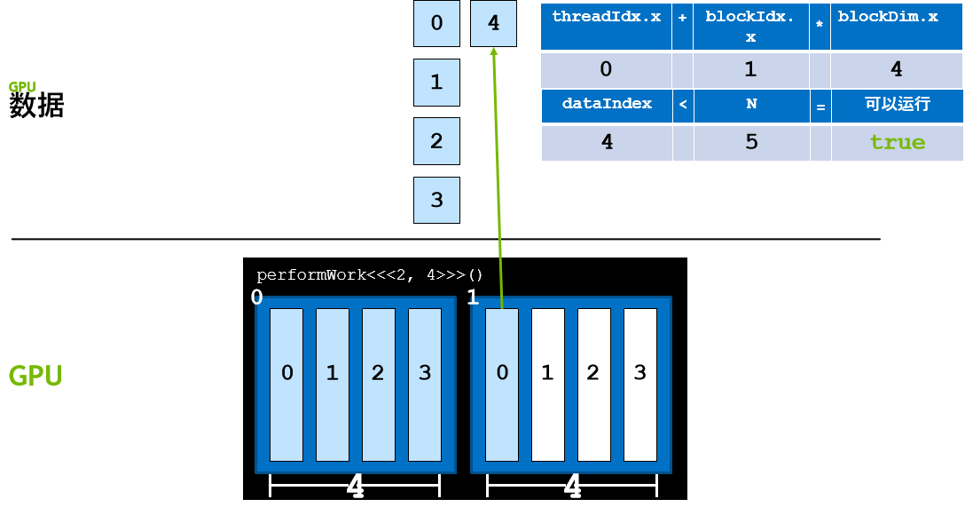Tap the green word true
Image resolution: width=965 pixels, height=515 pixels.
point(897,142)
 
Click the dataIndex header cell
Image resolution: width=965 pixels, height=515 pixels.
point(607,105)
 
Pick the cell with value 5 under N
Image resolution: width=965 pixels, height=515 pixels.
point(751,142)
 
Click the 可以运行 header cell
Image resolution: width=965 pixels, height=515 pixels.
point(897,105)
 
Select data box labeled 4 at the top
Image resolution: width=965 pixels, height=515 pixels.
point(494,23)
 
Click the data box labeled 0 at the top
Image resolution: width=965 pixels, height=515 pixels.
point(436,23)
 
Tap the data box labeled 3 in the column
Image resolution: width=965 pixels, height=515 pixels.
point(436,200)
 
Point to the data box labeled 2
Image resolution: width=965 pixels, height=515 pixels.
point(436,140)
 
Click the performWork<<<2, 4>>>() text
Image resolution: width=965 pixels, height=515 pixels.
point(370,275)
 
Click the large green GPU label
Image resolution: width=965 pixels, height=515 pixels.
point(35,376)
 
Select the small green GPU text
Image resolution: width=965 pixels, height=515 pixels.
point(22,87)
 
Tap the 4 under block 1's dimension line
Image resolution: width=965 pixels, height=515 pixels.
point(573,486)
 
